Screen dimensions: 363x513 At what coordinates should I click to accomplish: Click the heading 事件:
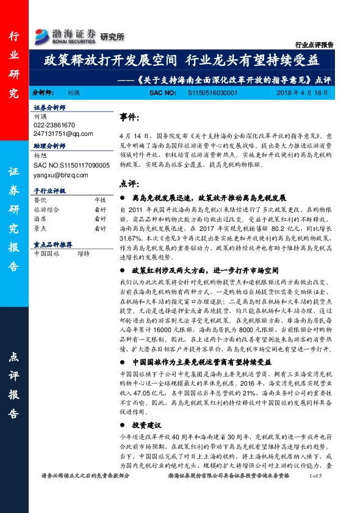pyautogui.click(x=129, y=116)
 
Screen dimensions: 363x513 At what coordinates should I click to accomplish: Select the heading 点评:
pyautogui.click(x=129, y=183)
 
